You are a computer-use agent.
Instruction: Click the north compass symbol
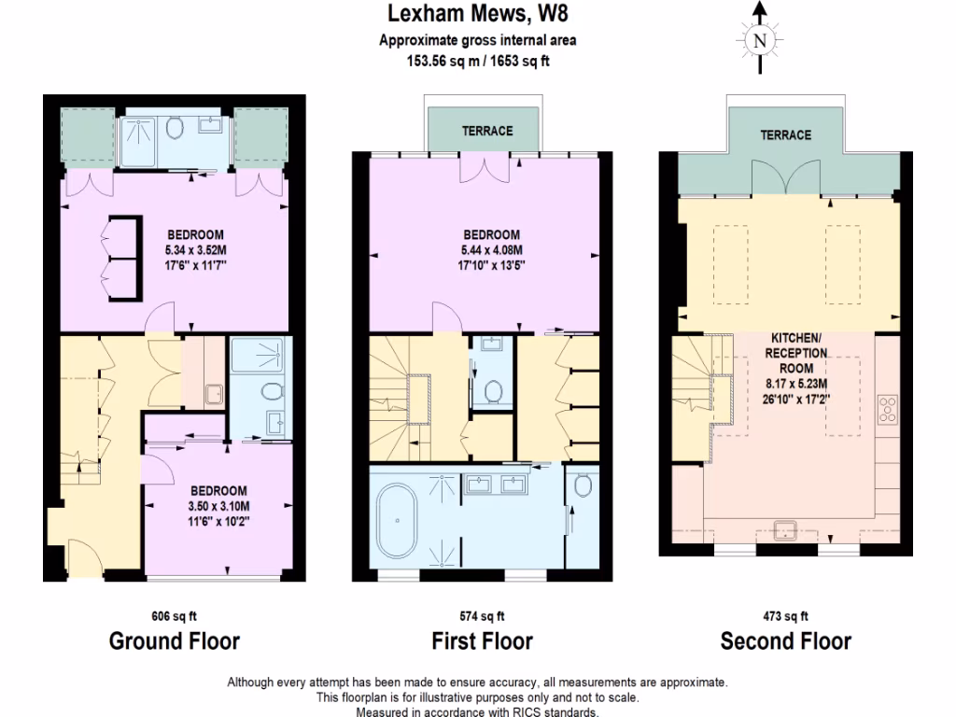point(760,40)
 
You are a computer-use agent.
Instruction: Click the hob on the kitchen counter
point(889,409)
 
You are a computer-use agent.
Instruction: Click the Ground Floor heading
point(175,641)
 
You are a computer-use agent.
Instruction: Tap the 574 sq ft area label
point(482,616)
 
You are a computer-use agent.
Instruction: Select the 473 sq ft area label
point(785,616)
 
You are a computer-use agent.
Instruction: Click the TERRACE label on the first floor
point(486,131)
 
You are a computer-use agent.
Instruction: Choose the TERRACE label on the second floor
point(785,135)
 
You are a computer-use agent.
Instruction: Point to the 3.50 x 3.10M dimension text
point(218,507)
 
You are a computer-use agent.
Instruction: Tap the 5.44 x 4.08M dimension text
point(489,250)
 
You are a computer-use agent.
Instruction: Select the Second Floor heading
point(785,641)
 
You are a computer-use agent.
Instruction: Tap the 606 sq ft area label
point(175,616)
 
